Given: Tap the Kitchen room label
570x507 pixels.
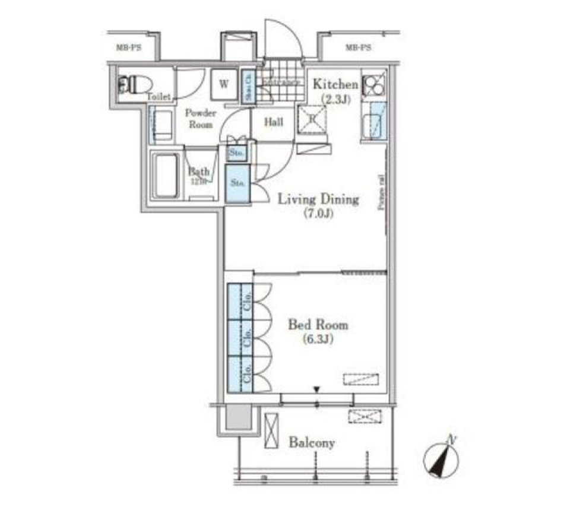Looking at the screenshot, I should point(335,85).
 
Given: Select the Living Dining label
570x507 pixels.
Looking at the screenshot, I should point(319,199).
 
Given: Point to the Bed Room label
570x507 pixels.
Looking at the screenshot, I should point(318,325).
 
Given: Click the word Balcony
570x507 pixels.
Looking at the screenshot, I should point(312,442).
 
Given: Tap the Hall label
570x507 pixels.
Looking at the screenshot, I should point(273,122).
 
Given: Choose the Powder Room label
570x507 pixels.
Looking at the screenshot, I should point(199,118).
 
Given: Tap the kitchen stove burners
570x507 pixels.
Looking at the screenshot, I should point(375,85).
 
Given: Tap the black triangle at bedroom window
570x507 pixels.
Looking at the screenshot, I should point(317,389).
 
